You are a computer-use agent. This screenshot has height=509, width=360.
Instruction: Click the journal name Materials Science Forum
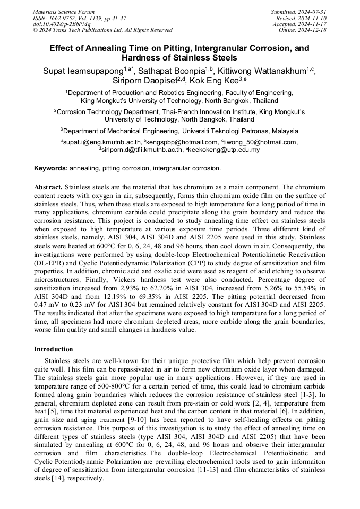coord(64,12)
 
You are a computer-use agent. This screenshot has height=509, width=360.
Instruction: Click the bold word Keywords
coord(50,168)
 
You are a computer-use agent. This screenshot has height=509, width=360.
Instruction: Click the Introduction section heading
coord(54,349)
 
